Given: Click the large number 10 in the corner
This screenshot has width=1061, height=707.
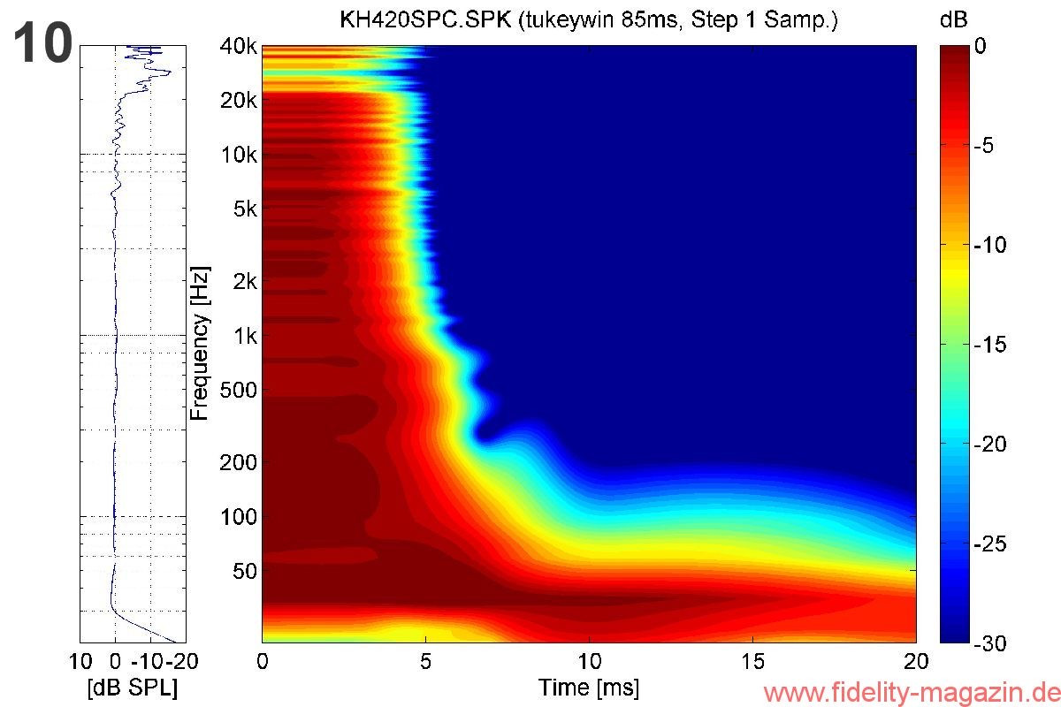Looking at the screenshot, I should [x=42, y=44].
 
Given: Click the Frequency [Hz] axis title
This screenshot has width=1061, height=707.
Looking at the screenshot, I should [x=202, y=343].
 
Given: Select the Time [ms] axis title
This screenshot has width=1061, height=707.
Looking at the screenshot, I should [x=589, y=687].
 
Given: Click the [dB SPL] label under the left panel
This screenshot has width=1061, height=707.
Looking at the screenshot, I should [x=133, y=688].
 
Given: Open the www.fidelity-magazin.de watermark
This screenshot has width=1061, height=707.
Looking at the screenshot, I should [x=910, y=692].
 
